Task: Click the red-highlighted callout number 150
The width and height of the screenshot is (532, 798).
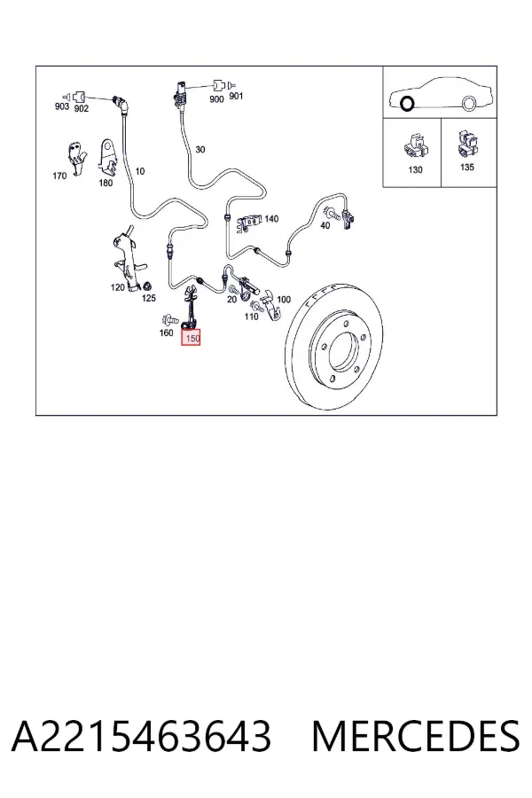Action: click(x=192, y=338)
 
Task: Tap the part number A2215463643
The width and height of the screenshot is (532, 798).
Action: click(x=142, y=737)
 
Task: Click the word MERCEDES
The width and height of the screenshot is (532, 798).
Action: click(x=416, y=737)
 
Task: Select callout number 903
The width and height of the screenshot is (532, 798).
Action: click(x=61, y=106)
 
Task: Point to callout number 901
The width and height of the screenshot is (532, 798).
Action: click(x=236, y=96)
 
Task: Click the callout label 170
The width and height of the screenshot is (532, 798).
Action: click(x=59, y=176)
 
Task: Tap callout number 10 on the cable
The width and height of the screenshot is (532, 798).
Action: click(x=140, y=171)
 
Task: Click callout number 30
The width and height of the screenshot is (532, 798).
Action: click(x=200, y=150)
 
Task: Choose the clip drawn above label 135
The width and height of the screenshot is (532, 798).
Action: click(x=467, y=144)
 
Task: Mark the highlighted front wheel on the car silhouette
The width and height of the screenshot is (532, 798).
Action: click(x=407, y=104)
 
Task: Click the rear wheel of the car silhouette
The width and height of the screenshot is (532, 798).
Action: click(x=469, y=103)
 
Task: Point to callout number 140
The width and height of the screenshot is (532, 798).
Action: click(x=271, y=219)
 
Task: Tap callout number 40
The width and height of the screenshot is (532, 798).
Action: click(x=325, y=225)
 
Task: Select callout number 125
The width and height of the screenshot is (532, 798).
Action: click(x=149, y=298)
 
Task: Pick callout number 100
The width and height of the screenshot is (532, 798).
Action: click(x=284, y=300)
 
